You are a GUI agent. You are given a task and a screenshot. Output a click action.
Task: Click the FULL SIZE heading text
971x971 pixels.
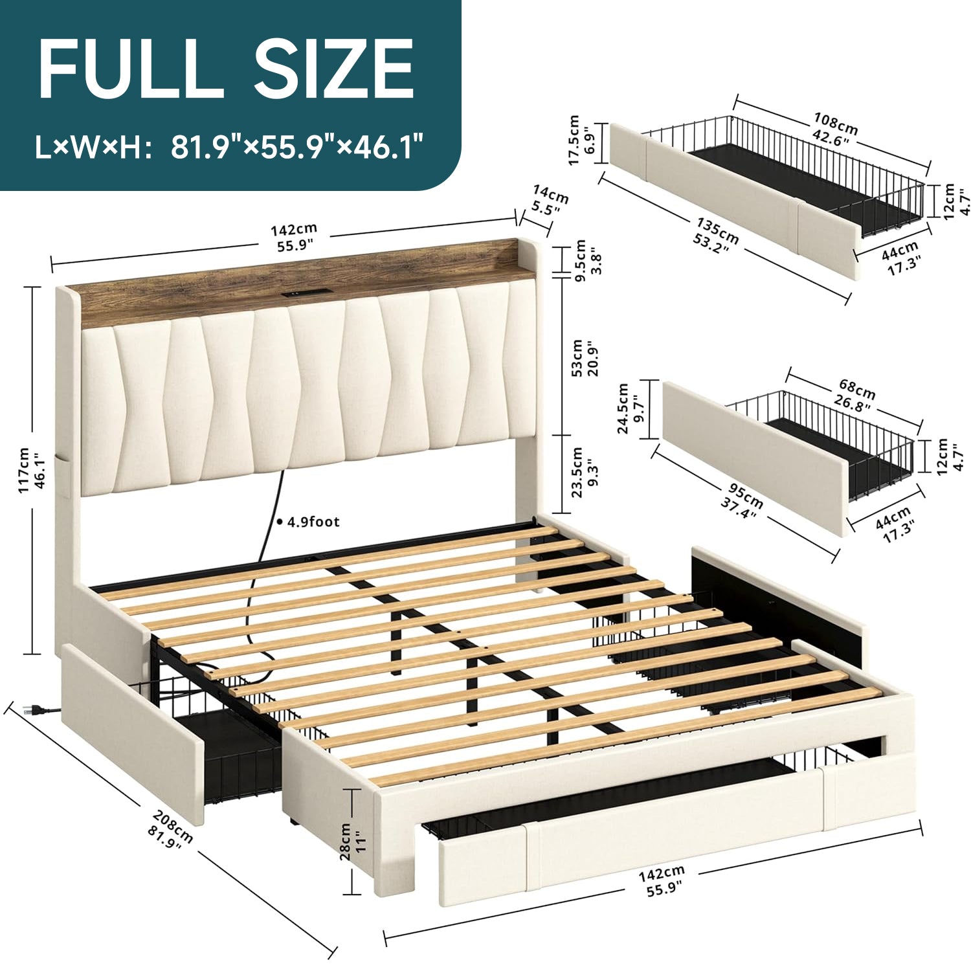click(226, 69)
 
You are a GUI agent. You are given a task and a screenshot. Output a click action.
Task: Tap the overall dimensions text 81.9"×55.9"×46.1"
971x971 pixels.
click(297, 148)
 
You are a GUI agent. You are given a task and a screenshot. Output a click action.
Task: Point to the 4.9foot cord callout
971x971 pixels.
click(308, 522)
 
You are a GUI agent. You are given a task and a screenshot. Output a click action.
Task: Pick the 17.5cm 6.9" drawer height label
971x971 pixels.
click(582, 140)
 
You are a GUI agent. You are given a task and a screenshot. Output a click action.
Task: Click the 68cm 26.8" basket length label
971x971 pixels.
click(854, 397)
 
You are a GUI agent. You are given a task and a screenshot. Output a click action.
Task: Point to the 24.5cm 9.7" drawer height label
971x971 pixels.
click(631, 408)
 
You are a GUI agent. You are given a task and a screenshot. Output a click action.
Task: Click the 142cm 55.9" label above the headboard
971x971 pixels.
click(294, 237)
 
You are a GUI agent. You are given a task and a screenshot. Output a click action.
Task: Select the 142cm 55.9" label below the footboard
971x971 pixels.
click(662, 882)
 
